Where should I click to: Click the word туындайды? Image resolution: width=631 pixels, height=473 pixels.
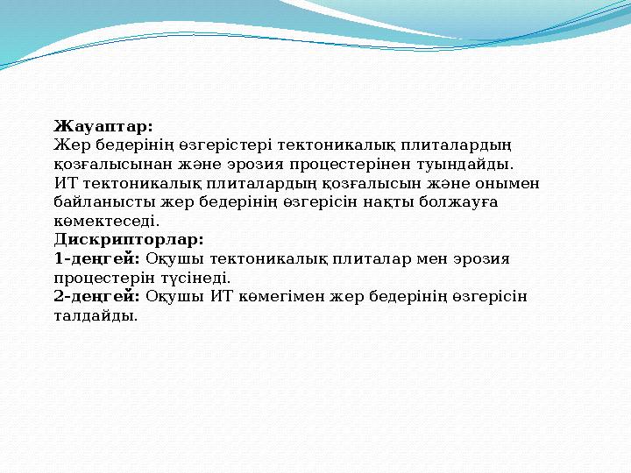point(466,164)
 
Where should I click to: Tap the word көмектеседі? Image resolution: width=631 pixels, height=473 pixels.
point(106,221)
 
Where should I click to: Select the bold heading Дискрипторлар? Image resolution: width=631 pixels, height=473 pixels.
point(129,239)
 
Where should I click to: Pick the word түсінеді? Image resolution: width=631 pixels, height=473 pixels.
point(201,278)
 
